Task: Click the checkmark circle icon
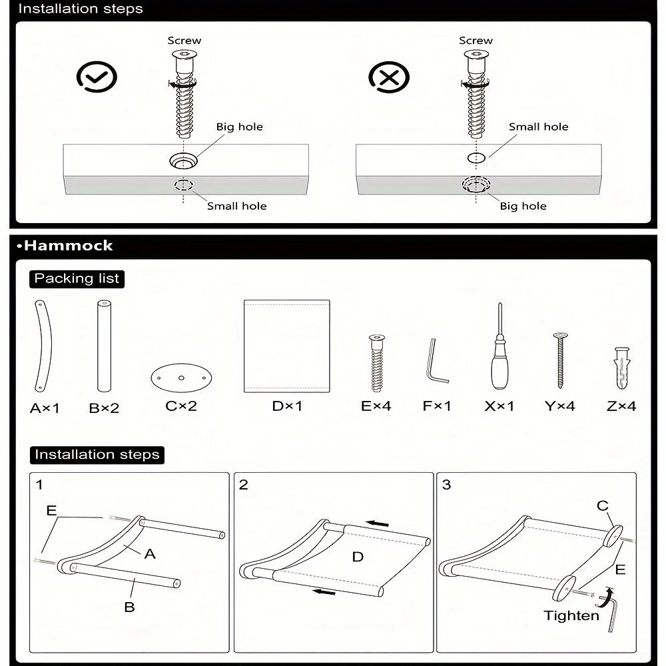pyautogui.click(x=97, y=78)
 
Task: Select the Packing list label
pyautogui.click(x=77, y=278)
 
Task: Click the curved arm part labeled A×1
pyautogui.click(x=43, y=346)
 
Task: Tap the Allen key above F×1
pyautogui.click(x=436, y=361)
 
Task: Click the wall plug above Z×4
pyautogui.click(x=621, y=368)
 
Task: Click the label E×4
pyautogui.click(x=376, y=406)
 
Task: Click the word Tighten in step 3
pyautogui.click(x=571, y=615)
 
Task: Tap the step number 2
pyautogui.click(x=244, y=485)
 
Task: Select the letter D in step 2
pyautogui.click(x=358, y=556)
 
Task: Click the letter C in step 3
pyautogui.click(x=603, y=506)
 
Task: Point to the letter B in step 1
pyautogui.click(x=130, y=607)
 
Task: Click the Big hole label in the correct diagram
pyautogui.click(x=239, y=127)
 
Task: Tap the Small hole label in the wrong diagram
pyautogui.click(x=538, y=127)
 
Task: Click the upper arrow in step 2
pyautogui.click(x=378, y=523)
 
